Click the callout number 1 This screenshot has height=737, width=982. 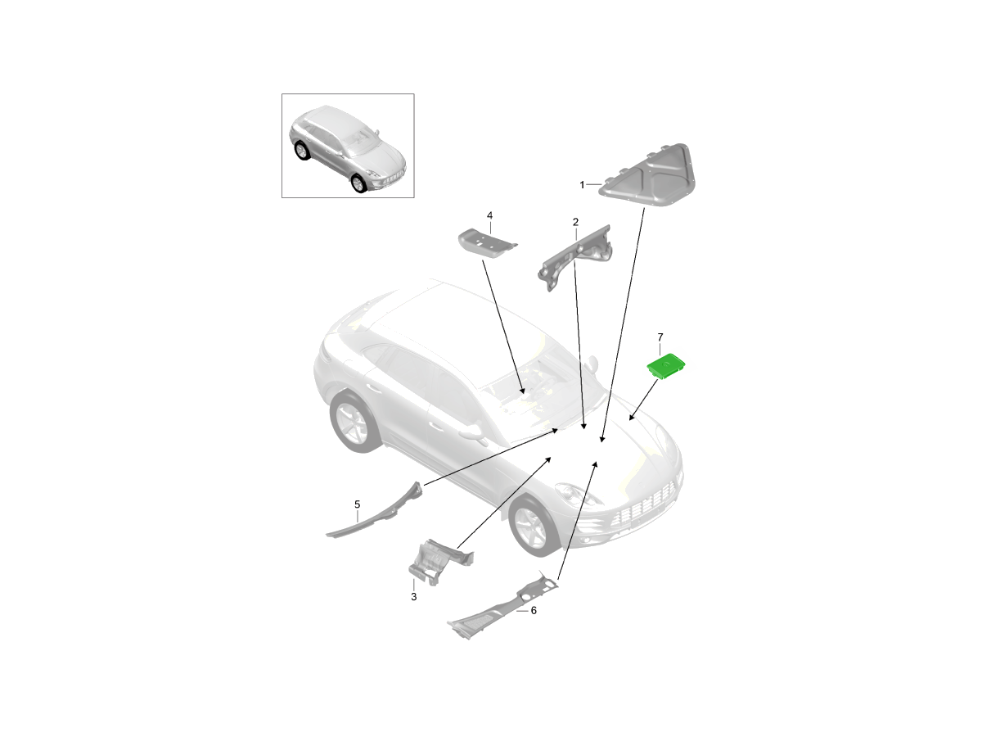point(582,184)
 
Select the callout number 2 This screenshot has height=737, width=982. point(575,221)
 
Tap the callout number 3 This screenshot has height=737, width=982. point(414,596)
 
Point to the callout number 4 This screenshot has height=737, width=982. point(489,215)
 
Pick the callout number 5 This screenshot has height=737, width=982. point(357,504)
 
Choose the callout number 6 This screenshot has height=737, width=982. point(534,610)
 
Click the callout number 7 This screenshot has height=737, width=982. point(660,337)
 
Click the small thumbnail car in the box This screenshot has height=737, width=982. point(347,148)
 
